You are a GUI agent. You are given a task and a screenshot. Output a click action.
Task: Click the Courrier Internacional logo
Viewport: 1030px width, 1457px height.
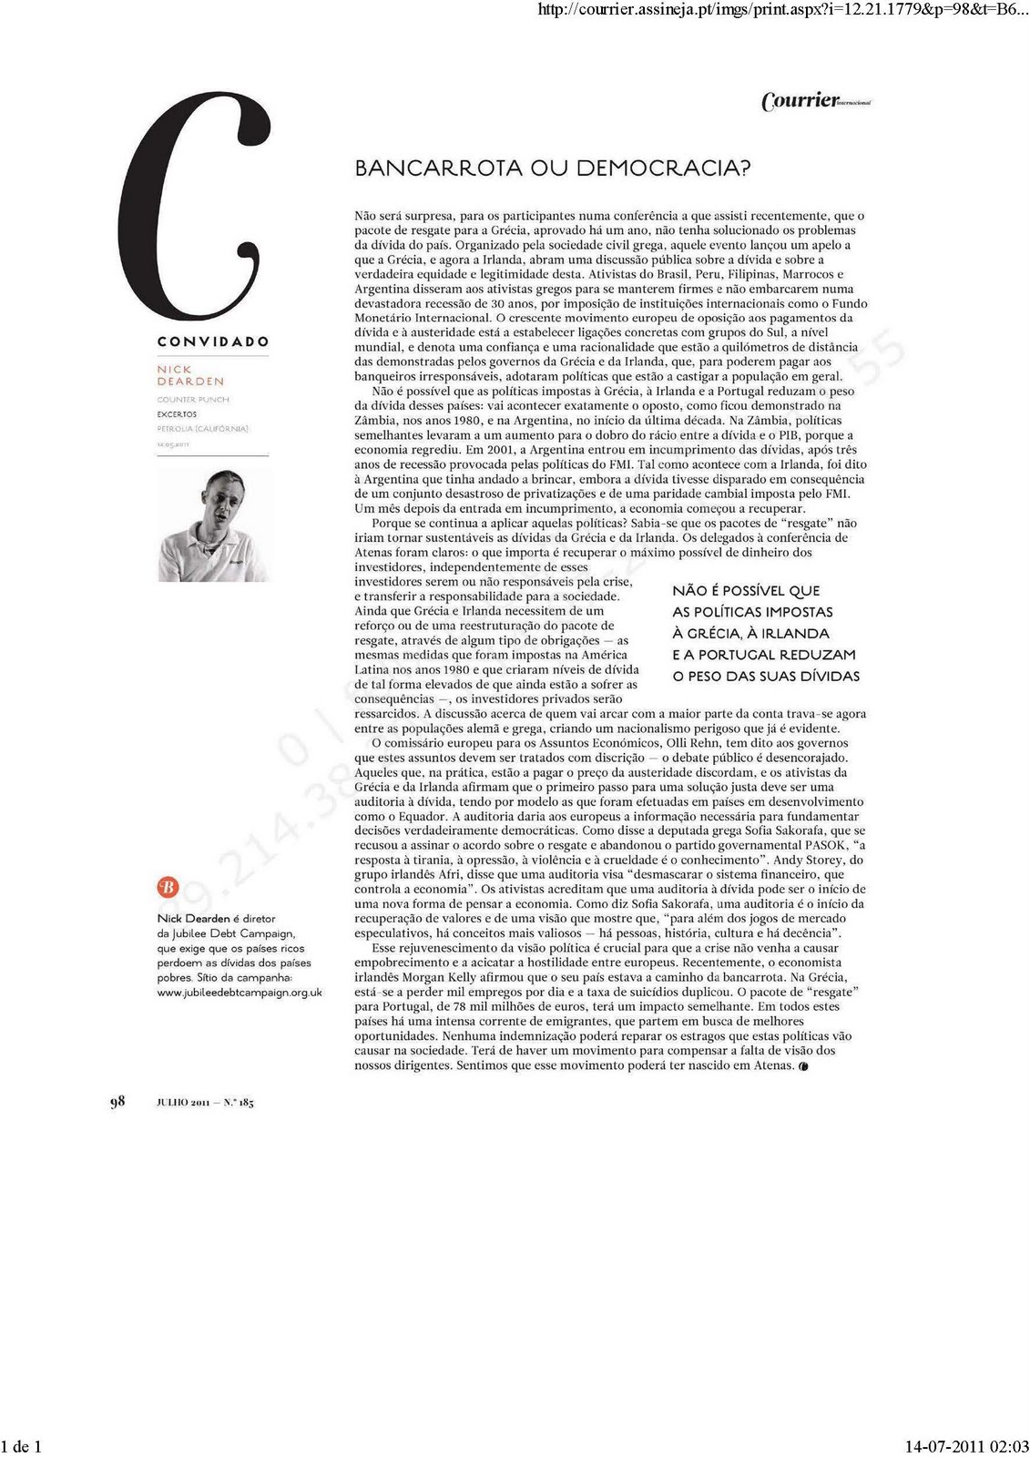point(815,101)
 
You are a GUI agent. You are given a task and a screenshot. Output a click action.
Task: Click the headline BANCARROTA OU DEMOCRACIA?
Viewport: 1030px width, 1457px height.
point(552,168)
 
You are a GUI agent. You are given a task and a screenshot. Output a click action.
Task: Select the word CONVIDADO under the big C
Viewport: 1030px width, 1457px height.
point(213,341)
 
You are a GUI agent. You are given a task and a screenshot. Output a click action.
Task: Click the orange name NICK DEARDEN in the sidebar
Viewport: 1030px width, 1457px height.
point(190,375)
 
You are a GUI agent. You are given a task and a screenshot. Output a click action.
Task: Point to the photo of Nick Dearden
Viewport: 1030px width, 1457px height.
point(213,525)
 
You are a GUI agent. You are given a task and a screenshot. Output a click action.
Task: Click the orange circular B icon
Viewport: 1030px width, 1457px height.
point(168,887)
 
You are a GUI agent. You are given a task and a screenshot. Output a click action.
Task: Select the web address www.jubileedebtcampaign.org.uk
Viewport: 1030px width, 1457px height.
point(240,993)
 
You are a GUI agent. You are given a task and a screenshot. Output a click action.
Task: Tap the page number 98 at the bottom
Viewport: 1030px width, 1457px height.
point(117,1102)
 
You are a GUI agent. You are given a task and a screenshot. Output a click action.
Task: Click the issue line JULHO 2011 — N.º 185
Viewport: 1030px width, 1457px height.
point(205,1103)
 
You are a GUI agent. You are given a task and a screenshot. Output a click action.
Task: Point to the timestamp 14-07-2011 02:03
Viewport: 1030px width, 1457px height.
point(966,1446)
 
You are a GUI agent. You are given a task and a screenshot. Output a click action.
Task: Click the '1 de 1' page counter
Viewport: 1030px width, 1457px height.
point(22,1446)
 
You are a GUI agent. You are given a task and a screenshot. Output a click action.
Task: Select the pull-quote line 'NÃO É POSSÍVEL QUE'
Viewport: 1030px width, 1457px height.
point(746,591)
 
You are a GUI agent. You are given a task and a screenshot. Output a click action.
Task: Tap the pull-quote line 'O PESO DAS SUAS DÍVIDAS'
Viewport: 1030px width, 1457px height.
point(766,677)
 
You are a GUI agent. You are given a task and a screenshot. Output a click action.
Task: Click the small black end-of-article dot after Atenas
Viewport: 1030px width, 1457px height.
point(803,1065)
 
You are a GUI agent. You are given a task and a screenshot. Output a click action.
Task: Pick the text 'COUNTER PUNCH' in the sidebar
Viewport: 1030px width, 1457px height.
point(193,400)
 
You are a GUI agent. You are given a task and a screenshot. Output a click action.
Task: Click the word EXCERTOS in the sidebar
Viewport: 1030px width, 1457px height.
point(177,414)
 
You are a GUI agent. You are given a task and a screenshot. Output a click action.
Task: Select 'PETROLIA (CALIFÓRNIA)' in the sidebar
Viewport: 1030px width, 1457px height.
point(202,429)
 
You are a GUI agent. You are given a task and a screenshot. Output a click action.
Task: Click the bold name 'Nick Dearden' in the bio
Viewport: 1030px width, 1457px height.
point(193,919)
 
